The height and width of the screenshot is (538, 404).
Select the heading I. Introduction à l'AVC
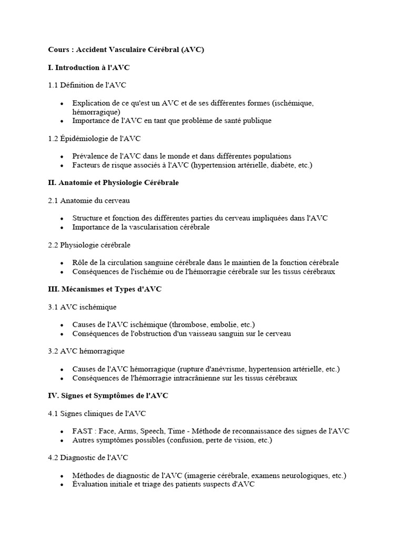click(88, 67)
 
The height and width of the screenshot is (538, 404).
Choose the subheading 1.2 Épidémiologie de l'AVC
click(94, 139)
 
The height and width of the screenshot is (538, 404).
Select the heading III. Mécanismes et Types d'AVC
click(105, 289)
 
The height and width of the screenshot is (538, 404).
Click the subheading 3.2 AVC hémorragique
click(86, 350)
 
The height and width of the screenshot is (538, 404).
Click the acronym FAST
click(83, 431)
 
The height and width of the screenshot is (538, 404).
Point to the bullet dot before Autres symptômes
click(62, 440)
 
